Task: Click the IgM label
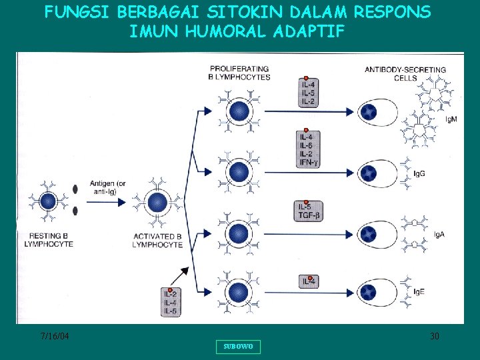(451, 119)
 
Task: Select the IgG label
(438, 173)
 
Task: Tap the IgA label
(439, 234)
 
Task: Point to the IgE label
(439, 292)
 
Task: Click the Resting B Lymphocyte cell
(48, 201)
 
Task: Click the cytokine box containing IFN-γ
(310, 149)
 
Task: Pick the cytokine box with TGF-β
(310, 211)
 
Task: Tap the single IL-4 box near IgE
(309, 282)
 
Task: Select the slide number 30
(434, 336)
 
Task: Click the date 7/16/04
(54, 336)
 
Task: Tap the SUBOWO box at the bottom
(238, 347)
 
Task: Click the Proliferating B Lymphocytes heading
(240, 73)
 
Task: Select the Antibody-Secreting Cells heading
(405, 73)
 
